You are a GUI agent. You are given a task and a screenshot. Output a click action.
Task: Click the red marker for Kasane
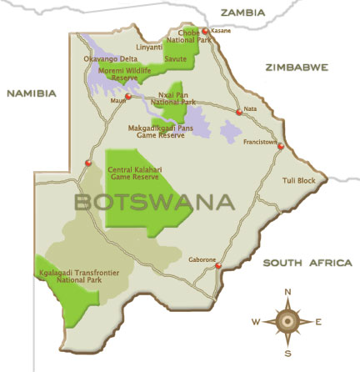(x=207, y=32)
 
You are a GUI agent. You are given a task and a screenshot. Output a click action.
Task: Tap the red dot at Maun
(x=129, y=97)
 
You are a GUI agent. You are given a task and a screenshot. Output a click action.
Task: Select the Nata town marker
(x=239, y=112)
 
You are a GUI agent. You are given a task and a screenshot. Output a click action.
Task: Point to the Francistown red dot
(x=281, y=147)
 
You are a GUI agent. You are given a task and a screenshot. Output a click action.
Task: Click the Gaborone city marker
(x=218, y=266)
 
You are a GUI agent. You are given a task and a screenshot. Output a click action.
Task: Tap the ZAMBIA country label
(x=242, y=13)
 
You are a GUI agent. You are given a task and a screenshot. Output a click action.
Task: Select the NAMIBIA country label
(x=31, y=93)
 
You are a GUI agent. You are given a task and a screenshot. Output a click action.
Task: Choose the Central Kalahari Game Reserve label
(x=137, y=173)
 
